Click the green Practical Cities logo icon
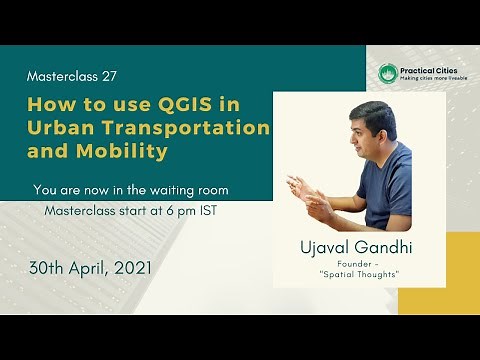[388, 74]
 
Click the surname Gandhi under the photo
[384, 247]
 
